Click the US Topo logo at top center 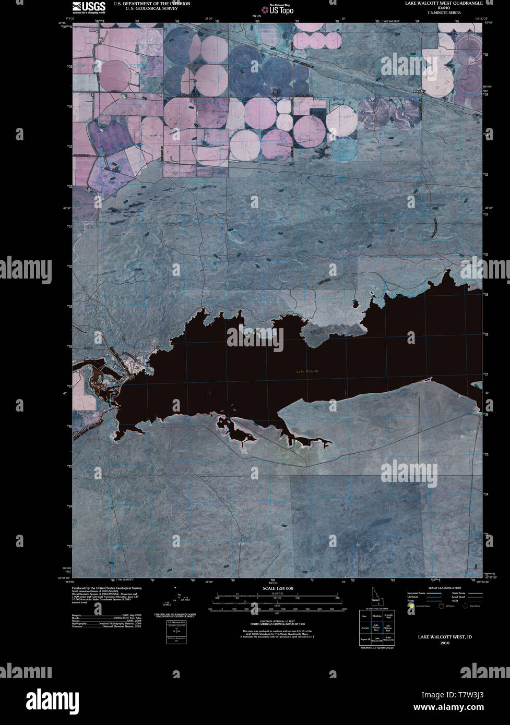[x=281, y=9]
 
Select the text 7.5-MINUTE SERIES [x=444, y=12]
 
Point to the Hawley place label [x=419, y=91]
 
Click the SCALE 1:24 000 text [x=275, y=588]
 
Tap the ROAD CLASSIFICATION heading [x=444, y=588]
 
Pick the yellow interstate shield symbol [x=411, y=607]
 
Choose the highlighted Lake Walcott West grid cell [x=376, y=627]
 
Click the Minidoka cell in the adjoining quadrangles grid [x=376, y=616]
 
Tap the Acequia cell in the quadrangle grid [x=364, y=627]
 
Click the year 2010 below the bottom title [x=444, y=643]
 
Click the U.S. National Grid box [x=176, y=632]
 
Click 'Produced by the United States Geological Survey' [x=106, y=588]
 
